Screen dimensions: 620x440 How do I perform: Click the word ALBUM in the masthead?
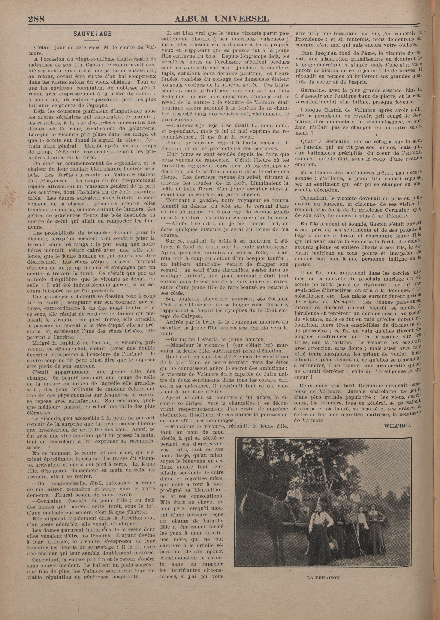coord(191,18)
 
